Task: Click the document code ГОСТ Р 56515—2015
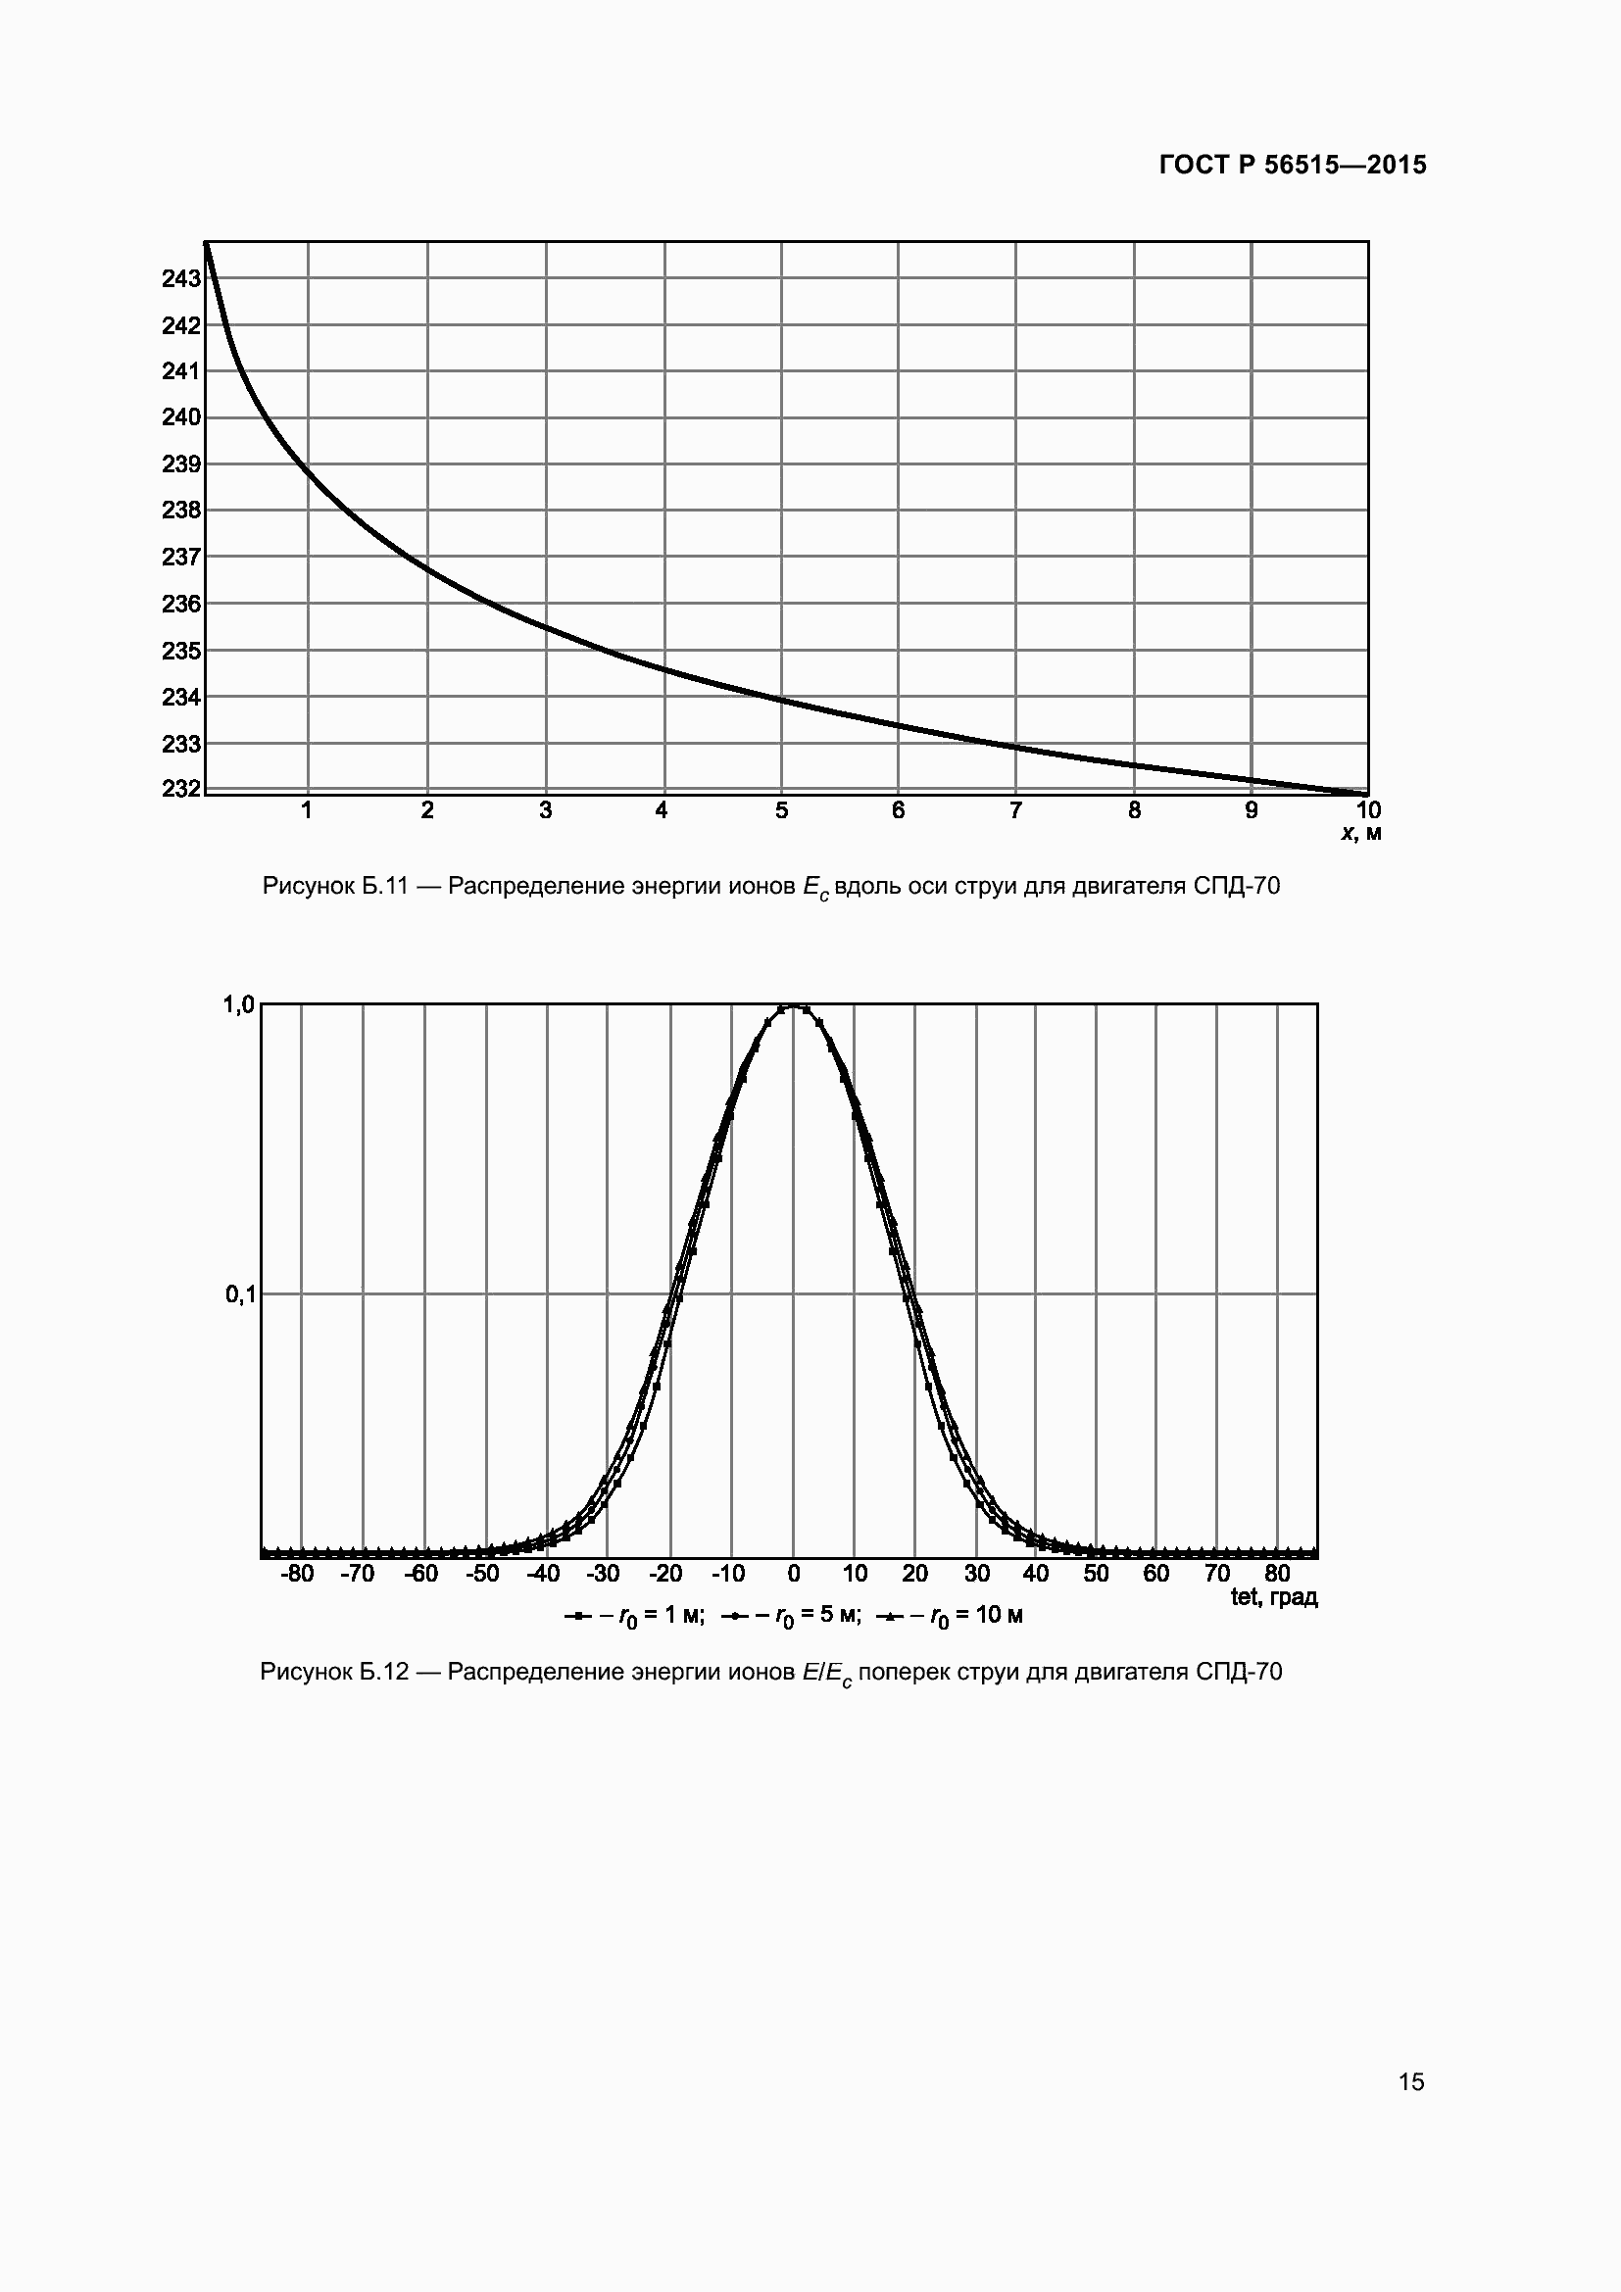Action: tap(1293, 166)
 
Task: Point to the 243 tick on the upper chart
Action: tap(180, 279)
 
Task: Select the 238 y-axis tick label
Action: tap(180, 511)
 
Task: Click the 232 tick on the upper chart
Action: tap(180, 789)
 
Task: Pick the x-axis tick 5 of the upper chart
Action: tap(781, 810)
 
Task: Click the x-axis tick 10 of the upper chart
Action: tap(1368, 810)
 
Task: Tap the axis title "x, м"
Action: tap(1361, 834)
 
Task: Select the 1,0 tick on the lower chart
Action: tap(239, 1005)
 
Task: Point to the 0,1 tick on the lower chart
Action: tap(239, 1294)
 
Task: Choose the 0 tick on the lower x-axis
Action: tap(794, 1575)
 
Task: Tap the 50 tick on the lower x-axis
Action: tap(1096, 1575)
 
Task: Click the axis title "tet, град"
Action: tap(1274, 1597)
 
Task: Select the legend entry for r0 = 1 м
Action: tap(635, 1616)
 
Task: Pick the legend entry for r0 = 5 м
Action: tap(791, 1616)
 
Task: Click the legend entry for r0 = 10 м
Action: tap(950, 1616)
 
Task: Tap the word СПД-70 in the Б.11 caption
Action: tap(1236, 887)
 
